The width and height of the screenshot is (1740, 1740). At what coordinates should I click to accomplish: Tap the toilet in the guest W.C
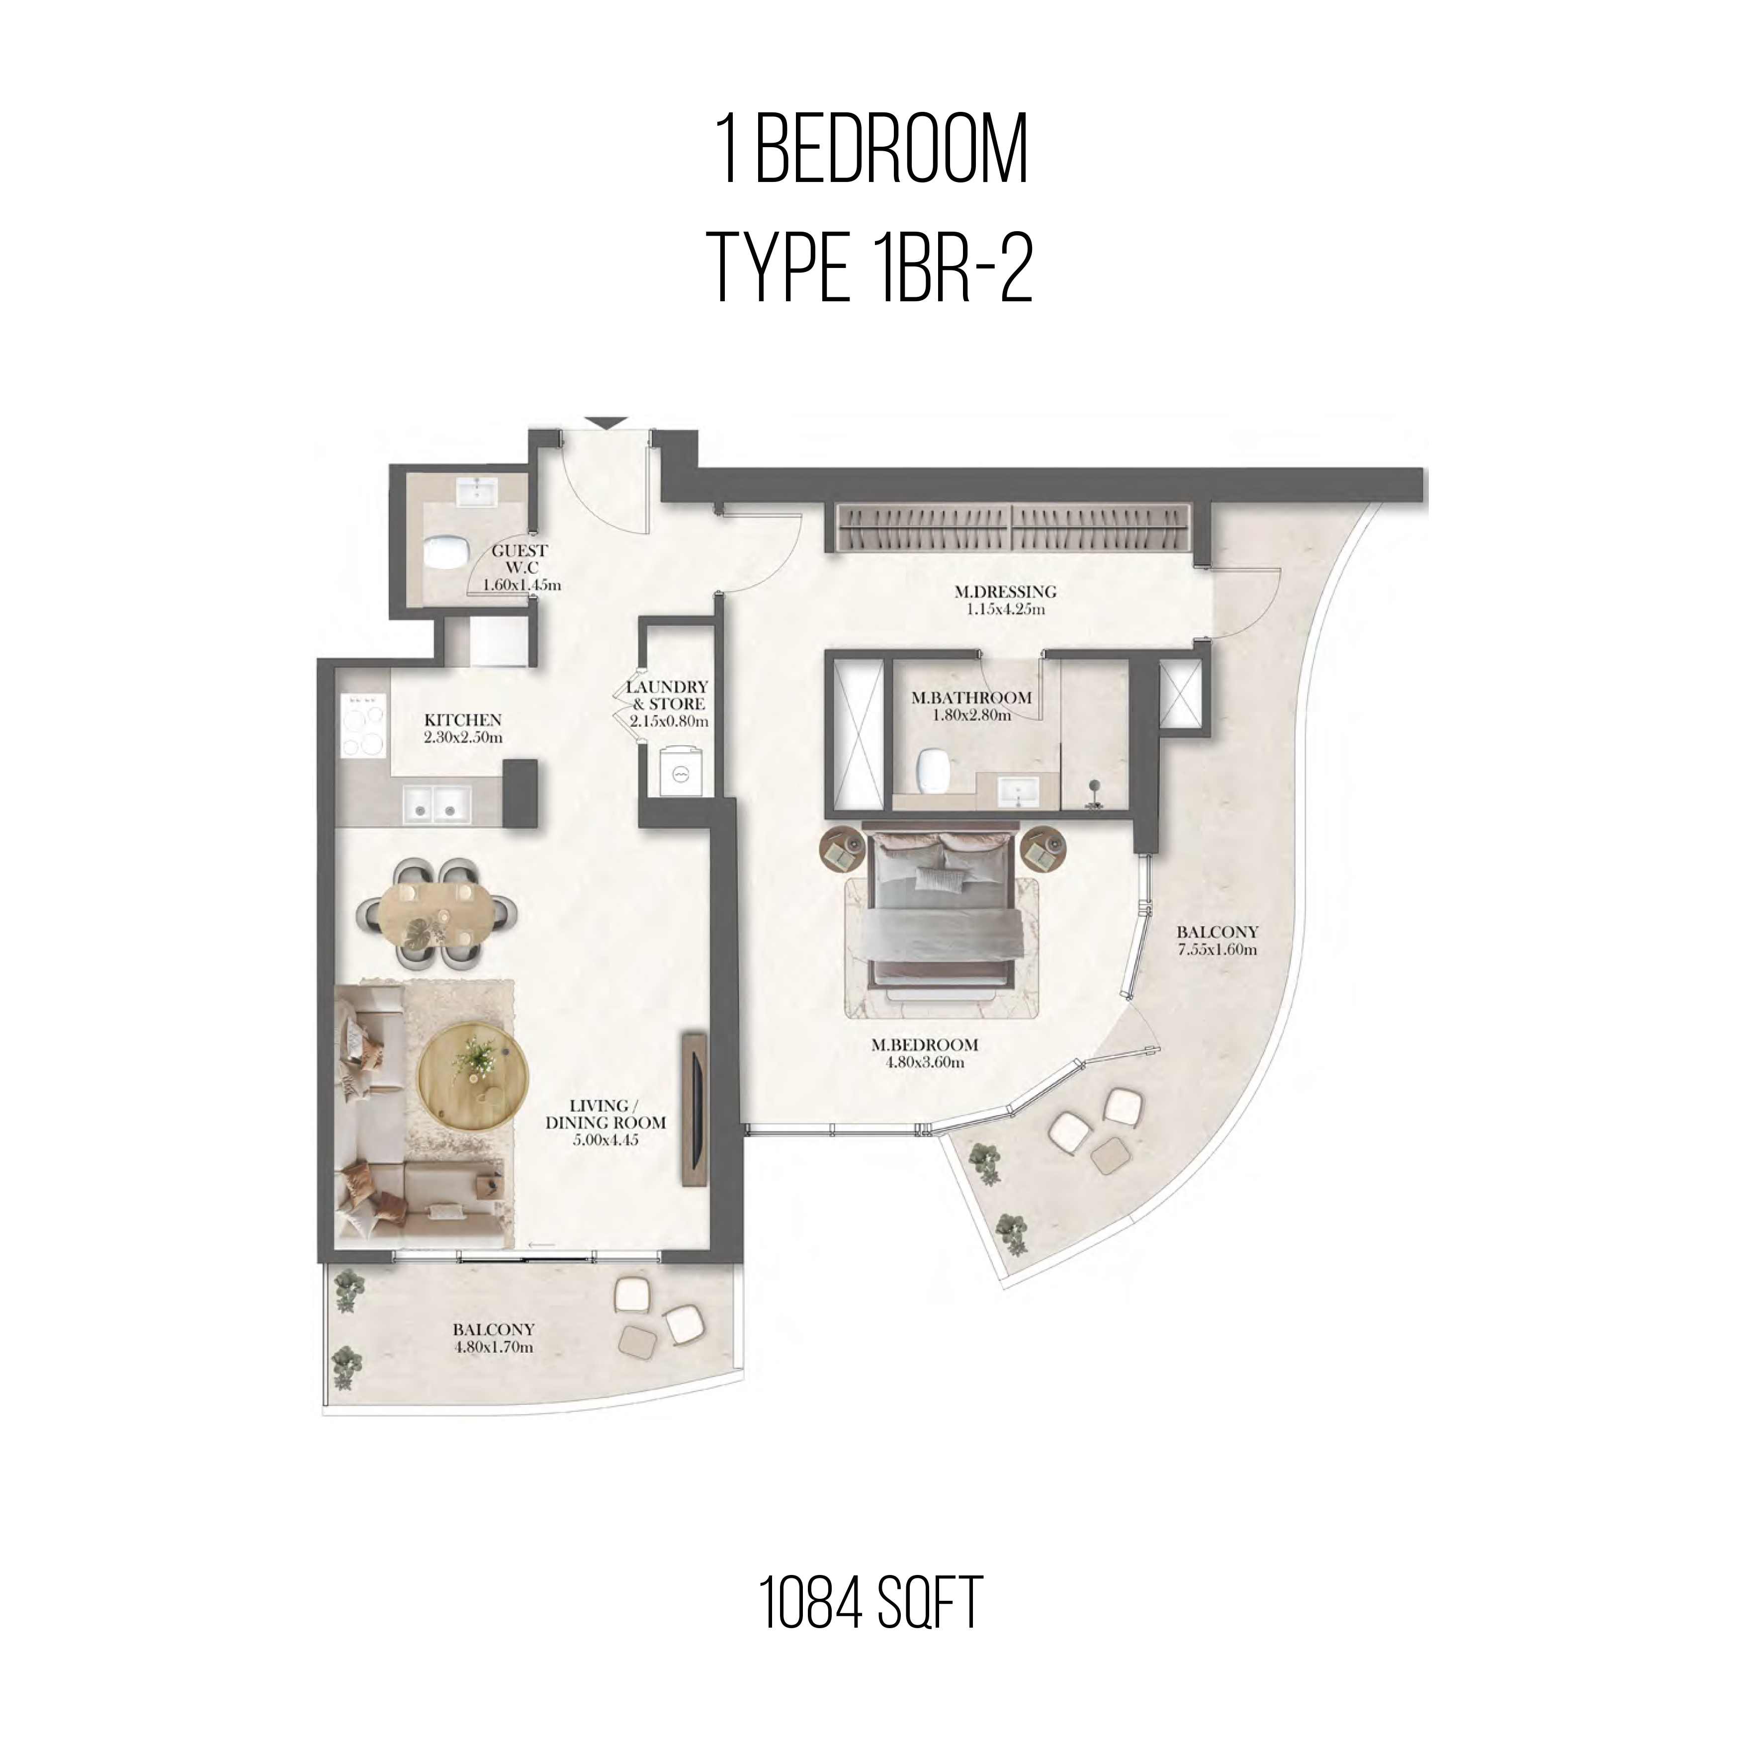point(442,553)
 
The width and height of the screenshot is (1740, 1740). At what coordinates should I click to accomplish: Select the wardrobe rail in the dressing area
point(1015,528)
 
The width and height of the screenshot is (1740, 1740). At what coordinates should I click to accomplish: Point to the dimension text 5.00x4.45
point(605,1140)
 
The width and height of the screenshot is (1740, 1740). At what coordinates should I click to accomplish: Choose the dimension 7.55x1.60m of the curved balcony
point(1217,949)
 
